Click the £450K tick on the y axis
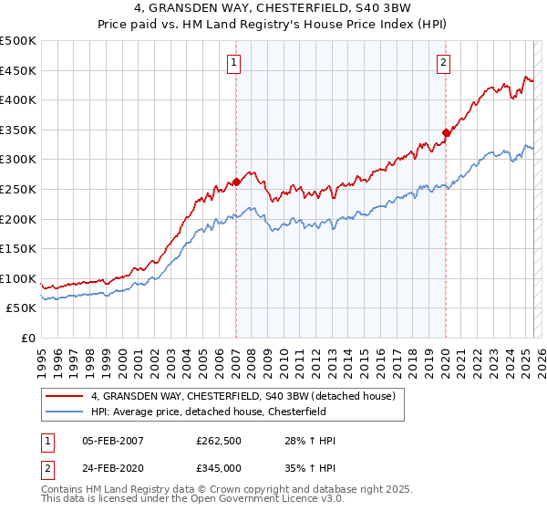click(x=18, y=70)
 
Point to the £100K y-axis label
click(x=18, y=278)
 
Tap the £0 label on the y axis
click(x=28, y=338)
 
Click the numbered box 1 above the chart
click(x=234, y=63)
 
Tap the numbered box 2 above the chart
click(x=443, y=63)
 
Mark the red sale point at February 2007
click(x=236, y=182)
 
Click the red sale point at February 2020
click(x=447, y=133)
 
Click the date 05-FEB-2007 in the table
click(x=113, y=441)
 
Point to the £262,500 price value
click(x=219, y=441)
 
